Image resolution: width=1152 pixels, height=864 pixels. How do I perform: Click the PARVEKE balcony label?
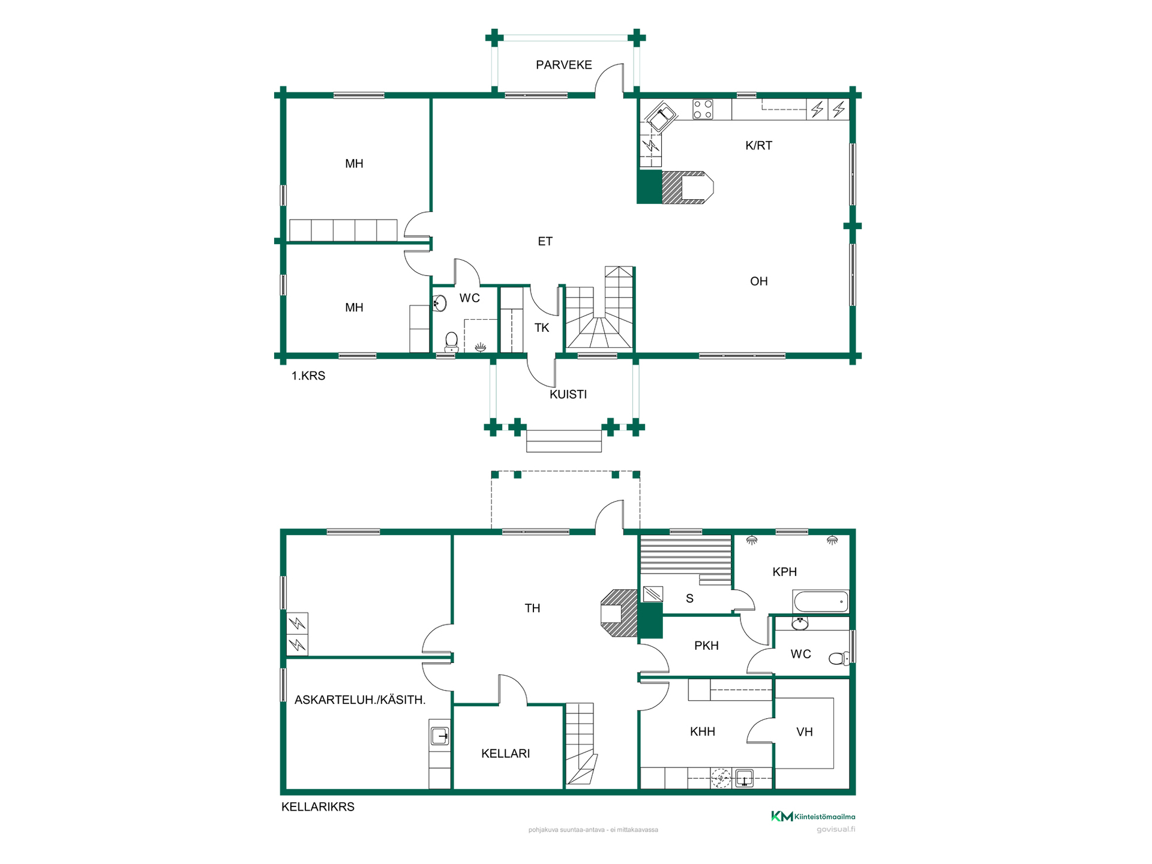coord(563,65)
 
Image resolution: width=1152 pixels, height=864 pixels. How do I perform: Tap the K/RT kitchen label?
coord(758,145)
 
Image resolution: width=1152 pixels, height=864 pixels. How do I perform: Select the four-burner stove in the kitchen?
coord(703,109)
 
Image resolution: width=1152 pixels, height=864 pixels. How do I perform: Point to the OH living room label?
coord(758,281)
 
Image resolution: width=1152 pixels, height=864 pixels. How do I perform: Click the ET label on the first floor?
coord(545,241)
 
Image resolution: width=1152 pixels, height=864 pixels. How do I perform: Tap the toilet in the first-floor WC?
coord(451,342)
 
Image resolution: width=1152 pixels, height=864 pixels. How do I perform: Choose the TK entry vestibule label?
coord(542,328)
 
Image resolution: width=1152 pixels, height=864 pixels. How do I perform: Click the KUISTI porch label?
coord(568,394)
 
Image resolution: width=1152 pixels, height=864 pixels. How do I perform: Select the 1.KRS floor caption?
coord(308,376)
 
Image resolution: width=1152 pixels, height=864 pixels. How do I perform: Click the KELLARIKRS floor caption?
coord(317,806)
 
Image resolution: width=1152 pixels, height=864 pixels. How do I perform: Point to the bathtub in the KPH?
coord(820,601)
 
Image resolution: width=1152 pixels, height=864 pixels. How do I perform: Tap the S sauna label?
coord(689,598)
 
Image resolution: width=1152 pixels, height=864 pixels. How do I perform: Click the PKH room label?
coord(706,646)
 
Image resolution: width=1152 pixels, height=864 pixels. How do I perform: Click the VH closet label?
coord(804,732)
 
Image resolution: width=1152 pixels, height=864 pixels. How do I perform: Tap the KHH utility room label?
coord(702,731)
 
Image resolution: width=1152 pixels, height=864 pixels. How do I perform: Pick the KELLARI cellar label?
coord(505,754)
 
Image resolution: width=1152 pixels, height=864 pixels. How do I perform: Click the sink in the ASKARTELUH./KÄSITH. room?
coord(440,736)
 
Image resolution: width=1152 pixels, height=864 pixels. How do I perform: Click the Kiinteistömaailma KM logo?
coord(813,816)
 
